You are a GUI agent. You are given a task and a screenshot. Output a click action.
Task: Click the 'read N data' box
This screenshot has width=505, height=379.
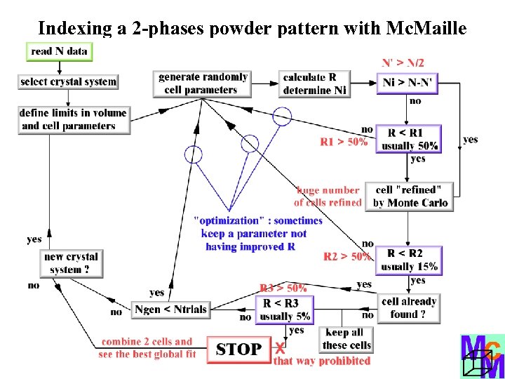60,51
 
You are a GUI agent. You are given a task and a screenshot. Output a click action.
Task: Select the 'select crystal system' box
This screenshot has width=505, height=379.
68,81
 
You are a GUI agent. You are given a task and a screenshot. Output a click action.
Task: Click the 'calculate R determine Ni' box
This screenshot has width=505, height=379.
314,84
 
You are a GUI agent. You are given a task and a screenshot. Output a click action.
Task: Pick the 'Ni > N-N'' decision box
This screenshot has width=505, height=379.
409,83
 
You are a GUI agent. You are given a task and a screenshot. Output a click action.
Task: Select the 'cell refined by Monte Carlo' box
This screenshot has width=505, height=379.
411,197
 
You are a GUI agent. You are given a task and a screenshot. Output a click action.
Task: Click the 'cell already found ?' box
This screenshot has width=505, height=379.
408,308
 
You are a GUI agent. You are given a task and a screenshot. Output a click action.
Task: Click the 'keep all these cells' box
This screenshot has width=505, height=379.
346,339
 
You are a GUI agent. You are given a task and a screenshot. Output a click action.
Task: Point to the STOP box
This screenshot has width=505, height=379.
238,350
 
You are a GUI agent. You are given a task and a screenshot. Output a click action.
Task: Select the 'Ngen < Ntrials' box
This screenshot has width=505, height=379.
171,310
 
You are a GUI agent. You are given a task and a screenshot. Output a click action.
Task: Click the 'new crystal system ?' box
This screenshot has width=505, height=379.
72,263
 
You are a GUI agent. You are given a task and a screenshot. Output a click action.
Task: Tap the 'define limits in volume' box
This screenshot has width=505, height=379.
74,119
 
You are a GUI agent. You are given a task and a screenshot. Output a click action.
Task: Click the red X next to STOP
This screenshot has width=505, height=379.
280,348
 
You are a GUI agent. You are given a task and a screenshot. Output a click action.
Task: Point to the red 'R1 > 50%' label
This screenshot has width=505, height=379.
344,142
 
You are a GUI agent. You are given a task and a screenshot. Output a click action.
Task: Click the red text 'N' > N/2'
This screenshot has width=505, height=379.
403,63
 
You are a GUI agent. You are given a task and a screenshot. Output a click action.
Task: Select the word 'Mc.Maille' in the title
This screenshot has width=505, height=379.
426,28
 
